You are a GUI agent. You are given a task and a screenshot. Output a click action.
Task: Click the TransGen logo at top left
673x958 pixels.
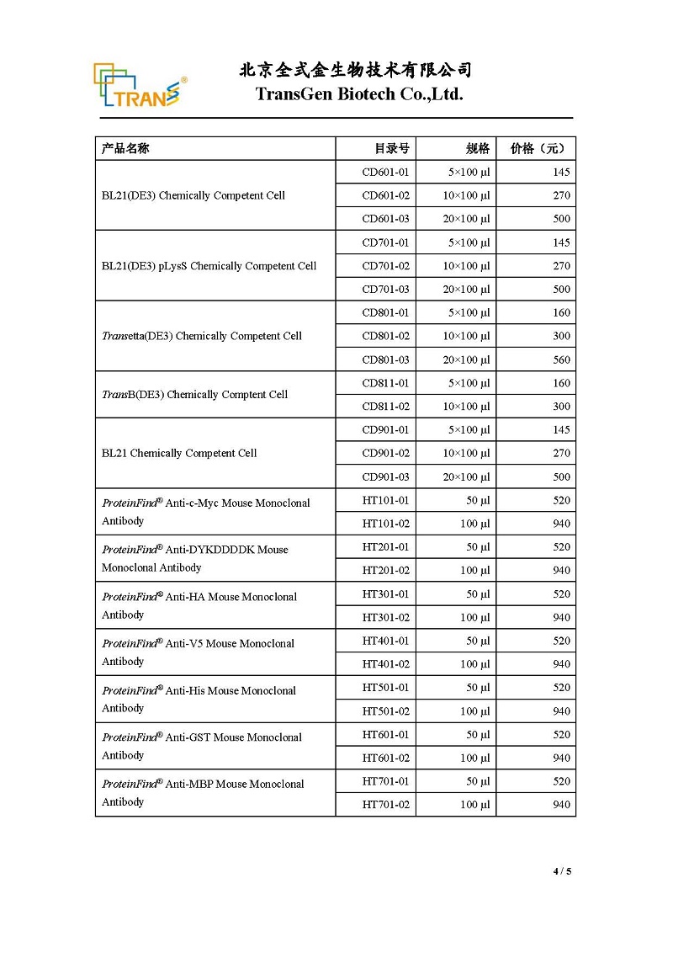pos(140,86)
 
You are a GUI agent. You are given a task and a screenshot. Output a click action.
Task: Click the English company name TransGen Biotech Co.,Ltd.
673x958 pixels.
pos(359,94)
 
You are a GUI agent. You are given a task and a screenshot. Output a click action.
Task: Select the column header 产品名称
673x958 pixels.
pos(125,149)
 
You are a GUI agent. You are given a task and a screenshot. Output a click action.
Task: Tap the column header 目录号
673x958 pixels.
pos(392,149)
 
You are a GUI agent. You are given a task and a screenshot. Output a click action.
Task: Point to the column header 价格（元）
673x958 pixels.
pos(538,149)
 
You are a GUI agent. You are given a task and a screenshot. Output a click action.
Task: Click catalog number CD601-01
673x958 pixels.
pos(385,173)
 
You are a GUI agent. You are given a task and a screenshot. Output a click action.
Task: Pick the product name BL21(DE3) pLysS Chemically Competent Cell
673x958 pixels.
pos(209,266)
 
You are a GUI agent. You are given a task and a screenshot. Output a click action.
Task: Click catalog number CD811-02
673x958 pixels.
pos(385,407)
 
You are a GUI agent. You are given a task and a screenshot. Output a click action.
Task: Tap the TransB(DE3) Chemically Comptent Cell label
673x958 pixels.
pos(194,395)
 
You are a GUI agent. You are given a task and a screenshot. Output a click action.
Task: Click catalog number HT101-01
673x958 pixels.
pos(385,500)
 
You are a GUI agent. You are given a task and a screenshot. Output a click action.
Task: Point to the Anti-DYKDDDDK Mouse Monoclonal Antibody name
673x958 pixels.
pos(195,559)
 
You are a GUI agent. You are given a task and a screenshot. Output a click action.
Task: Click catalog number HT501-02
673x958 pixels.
pos(385,711)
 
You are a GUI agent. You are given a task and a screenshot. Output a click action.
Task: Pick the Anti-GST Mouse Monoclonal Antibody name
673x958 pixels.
pos(202,746)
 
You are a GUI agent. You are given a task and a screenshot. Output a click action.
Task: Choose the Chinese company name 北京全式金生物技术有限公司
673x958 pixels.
pos(356,70)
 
